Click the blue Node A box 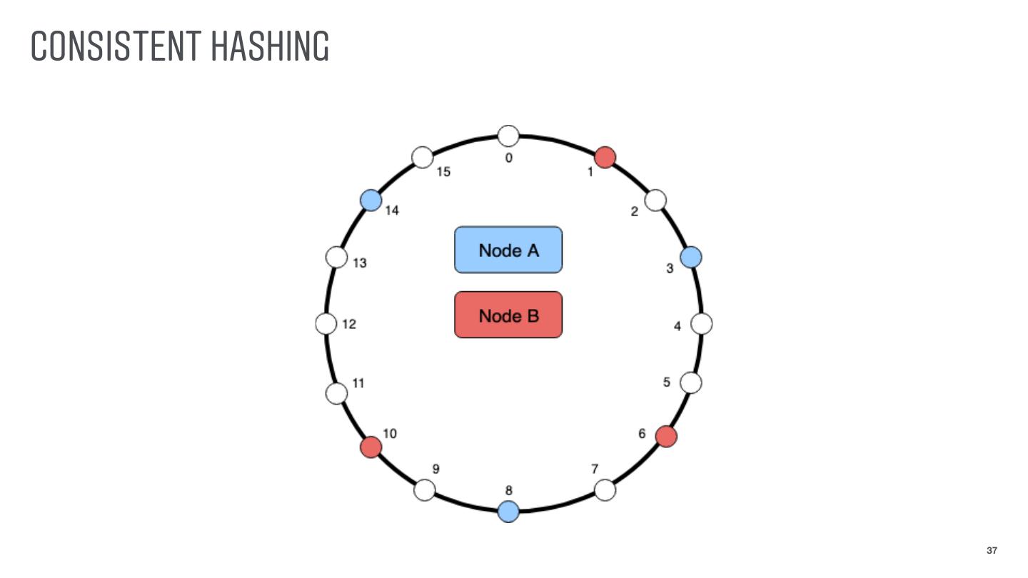[508, 250]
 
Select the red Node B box [508, 315]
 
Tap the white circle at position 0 [508, 135]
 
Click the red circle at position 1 [605, 157]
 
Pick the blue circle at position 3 [690, 257]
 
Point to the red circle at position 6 [666, 435]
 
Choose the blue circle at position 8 [508, 511]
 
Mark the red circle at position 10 [371, 447]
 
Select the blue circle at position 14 [371, 201]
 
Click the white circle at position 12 [326, 324]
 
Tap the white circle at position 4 [702, 324]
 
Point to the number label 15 [443, 172]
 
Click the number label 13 [360, 263]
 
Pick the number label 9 [435, 469]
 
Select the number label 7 [595, 469]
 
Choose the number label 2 [634, 212]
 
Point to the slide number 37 [992, 550]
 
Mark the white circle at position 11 [336, 393]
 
